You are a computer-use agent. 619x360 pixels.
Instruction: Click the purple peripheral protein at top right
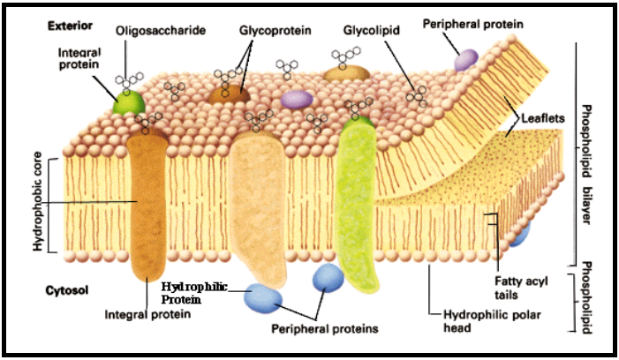[465, 58]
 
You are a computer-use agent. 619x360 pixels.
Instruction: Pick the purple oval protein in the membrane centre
[298, 100]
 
